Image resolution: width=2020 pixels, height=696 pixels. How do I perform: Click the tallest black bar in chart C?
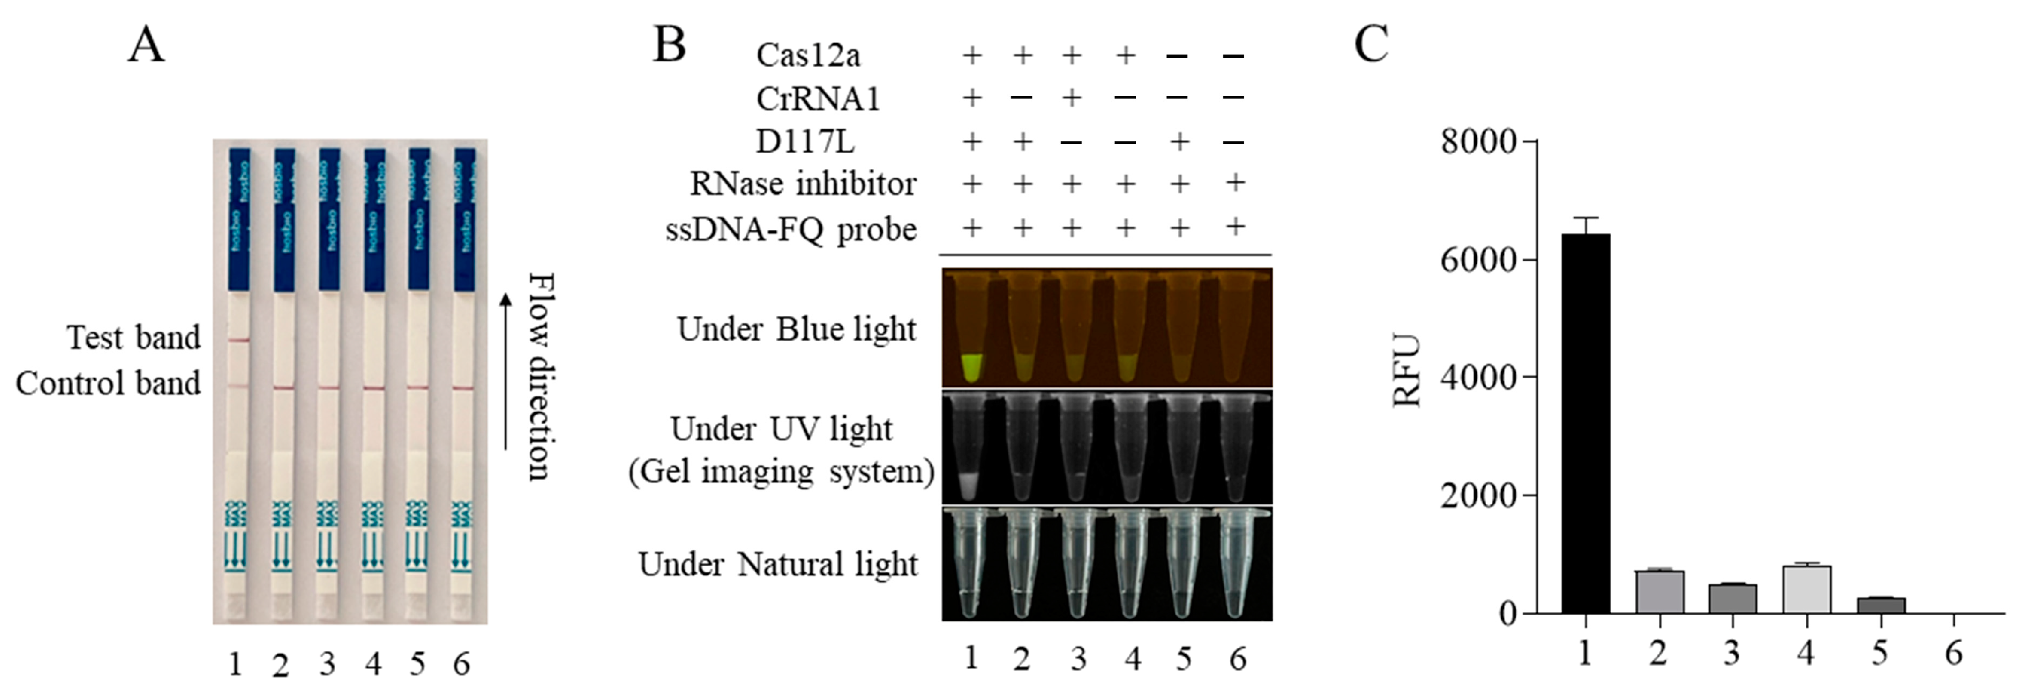pos(1585,424)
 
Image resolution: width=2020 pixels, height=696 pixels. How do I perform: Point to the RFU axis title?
pos(1407,371)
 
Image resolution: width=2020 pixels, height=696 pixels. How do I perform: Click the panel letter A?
pos(146,45)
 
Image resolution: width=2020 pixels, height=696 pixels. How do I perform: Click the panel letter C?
pos(1371,45)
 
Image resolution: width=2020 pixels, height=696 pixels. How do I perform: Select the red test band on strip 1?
pos(239,340)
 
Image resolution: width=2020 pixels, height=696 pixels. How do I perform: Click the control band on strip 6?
pos(464,388)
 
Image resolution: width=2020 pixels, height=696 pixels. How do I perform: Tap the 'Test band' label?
pos(134,337)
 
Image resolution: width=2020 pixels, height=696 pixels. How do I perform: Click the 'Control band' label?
pos(108,383)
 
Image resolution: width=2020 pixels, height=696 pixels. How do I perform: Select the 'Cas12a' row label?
pos(808,55)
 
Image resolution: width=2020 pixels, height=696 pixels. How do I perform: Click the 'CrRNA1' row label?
pos(818,99)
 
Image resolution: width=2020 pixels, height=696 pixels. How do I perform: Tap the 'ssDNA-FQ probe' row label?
pos(791,229)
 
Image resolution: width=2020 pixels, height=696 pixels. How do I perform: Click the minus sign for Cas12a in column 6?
pos(1233,56)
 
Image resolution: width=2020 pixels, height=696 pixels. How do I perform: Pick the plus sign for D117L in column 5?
pos(1179,141)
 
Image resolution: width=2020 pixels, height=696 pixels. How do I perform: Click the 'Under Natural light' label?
pos(778,564)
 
